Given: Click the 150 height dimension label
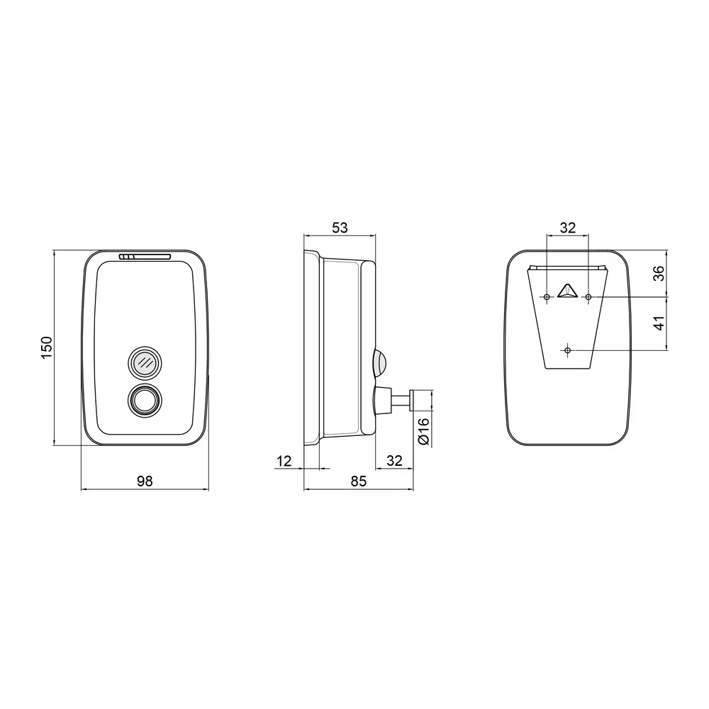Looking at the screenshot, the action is (47, 347).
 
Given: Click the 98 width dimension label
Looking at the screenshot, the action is (145, 481).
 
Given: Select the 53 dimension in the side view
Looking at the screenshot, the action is (340, 228).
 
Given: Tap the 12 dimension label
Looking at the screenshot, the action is (284, 462).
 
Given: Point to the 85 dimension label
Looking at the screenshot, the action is (359, 481).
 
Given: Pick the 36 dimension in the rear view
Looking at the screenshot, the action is (659, 273).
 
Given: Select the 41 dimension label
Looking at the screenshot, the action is (659, 323).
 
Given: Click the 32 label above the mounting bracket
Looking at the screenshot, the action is (568, 228).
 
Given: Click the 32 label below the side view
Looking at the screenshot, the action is (394, 461).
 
